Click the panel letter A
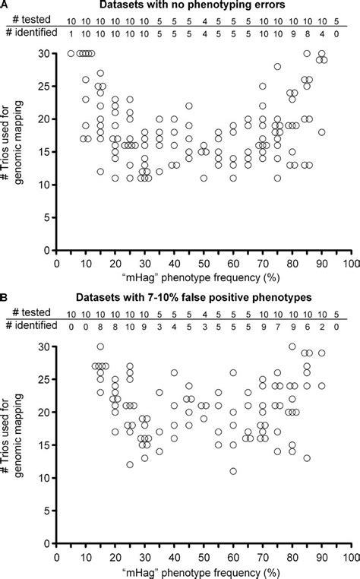tap(6, 6)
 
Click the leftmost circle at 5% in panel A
tap(71, 53)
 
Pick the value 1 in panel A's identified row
tap(71, 35)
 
